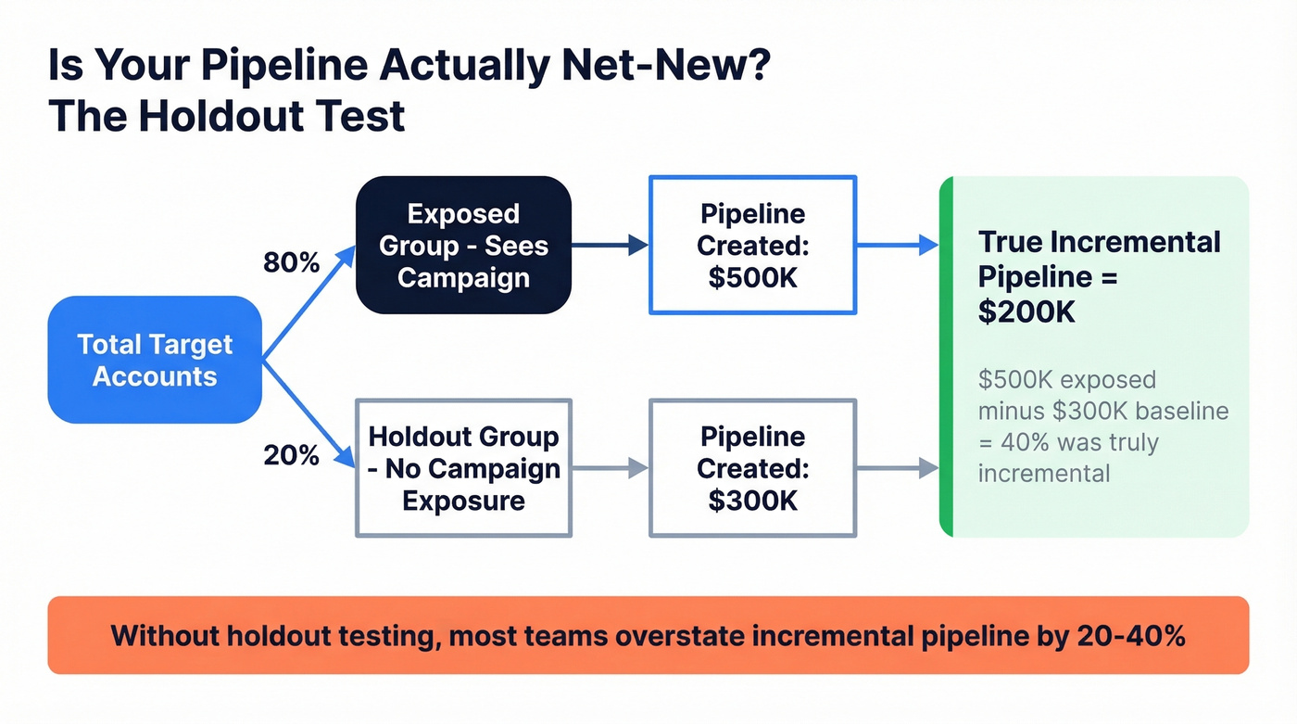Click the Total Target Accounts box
[155, 360]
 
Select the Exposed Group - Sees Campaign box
[463, 245]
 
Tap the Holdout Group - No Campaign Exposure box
[463, 468]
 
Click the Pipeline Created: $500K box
[752, 245]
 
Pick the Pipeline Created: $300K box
[752, 468]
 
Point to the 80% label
[291, 263]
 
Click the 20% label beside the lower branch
[291, 455]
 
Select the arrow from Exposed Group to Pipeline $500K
[610, 245]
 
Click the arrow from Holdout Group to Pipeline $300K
[610, 468]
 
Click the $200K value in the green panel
[1026, 312]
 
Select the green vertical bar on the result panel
[946, 356]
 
